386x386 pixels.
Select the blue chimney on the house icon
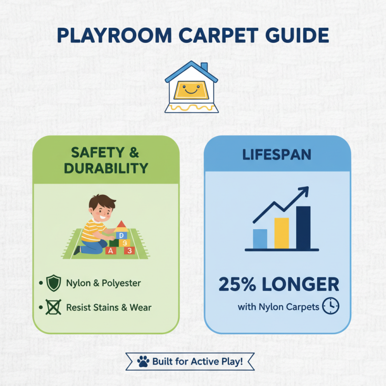[x=204, y=67]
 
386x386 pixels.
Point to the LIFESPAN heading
[x=277, y=155]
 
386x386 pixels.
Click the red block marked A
[x=111, y=250]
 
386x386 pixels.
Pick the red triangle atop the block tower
[x=121, y=224]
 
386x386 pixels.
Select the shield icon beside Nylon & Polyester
[x=53, y=283]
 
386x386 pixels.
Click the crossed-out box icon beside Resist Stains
[x=53, y=307]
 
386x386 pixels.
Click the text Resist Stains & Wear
[x=108, y=307]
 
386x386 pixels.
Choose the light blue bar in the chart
[x=260, y=239]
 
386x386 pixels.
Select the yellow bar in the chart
[x=281, y=234]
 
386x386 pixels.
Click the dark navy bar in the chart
[x=303, y=228]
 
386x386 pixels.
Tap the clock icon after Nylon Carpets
[x=331, y=306]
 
